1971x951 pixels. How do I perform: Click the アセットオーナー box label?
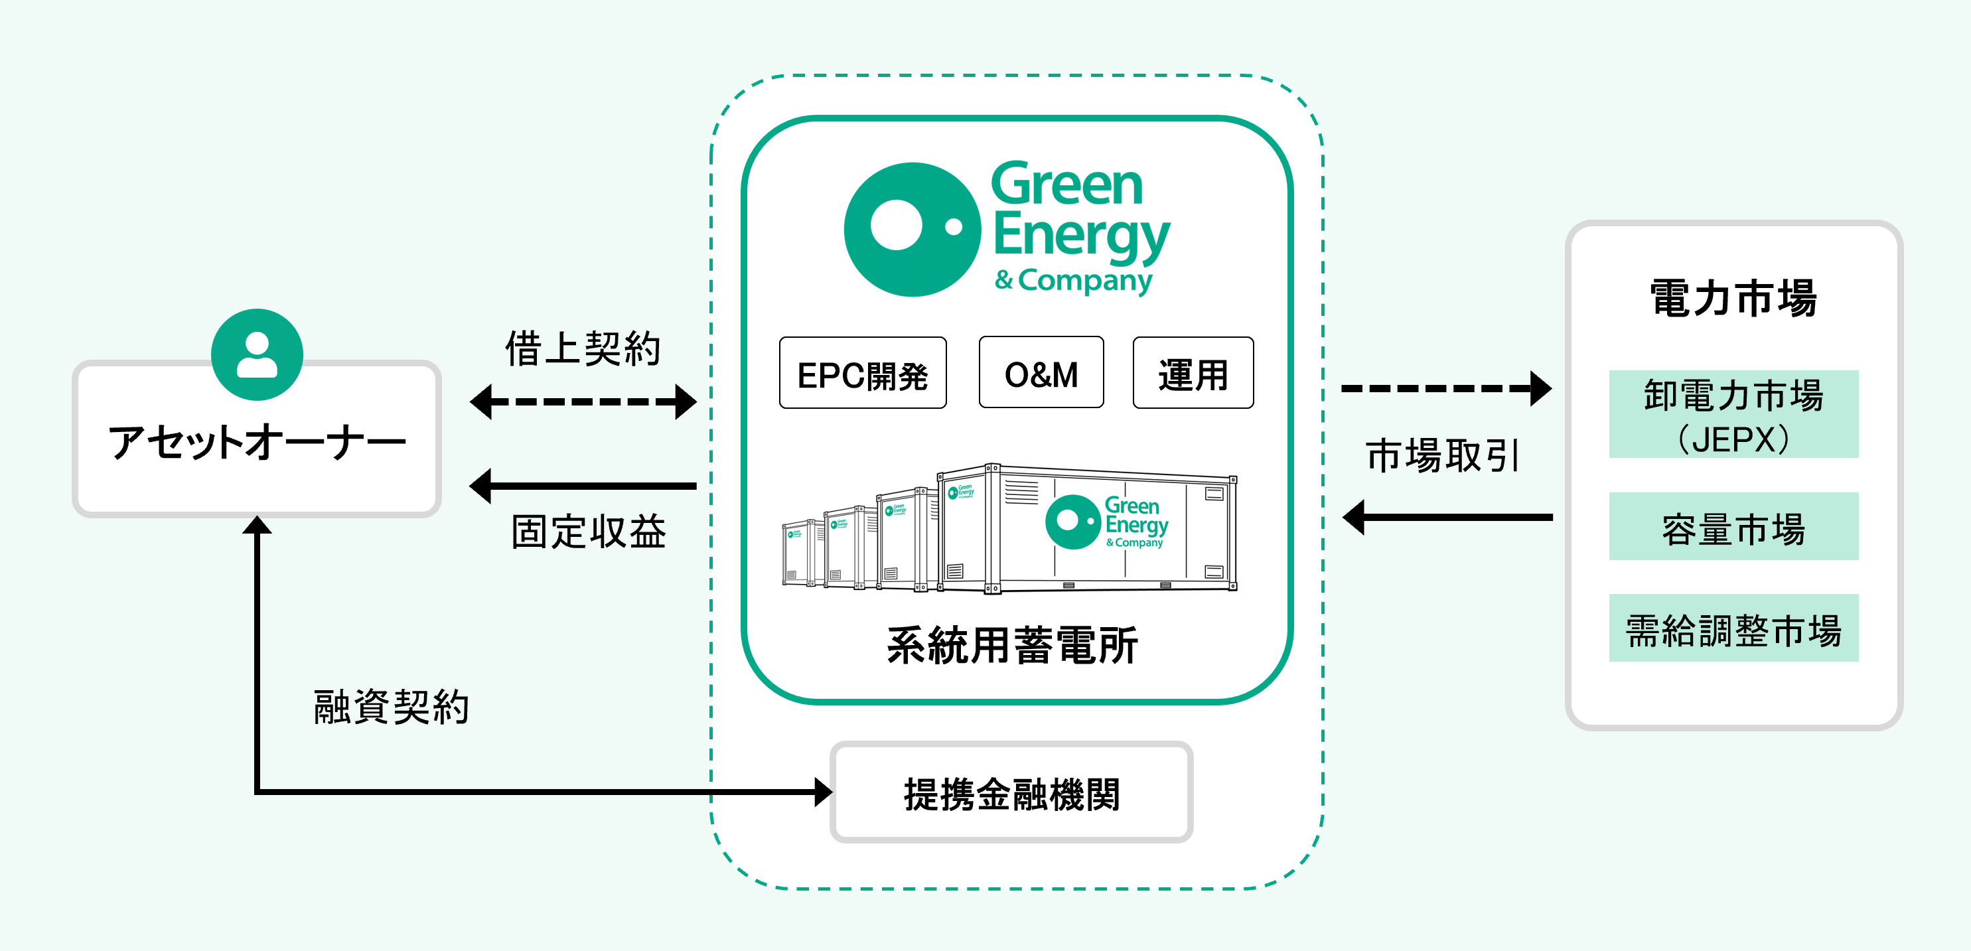click(x=257, y=442)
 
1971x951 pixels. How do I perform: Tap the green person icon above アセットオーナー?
click(x=257, y=354)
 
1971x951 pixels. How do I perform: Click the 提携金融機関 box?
click(x=1011, y=792)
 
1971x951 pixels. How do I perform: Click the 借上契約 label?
click(x=583, y=349)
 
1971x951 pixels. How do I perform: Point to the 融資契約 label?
click(x=391, y=706)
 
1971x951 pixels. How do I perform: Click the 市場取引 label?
click(x=1442, y=456)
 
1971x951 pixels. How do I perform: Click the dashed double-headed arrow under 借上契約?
click(x=583, y=402)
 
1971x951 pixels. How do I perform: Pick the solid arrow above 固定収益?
click(x=583, y=486)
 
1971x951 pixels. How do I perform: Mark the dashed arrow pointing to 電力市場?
click(x=1446, y=389)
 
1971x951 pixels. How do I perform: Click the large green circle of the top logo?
click(x=912, y=229)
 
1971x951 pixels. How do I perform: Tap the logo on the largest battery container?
click(x=1106, y=522)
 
